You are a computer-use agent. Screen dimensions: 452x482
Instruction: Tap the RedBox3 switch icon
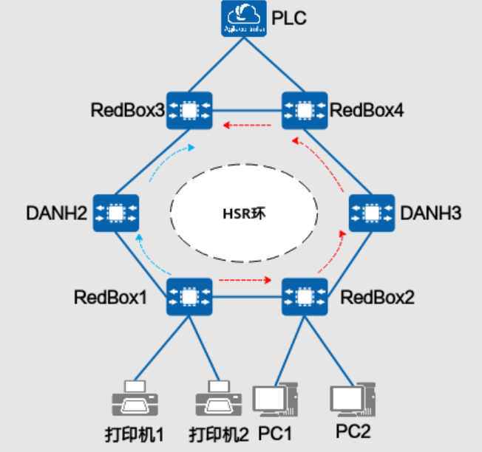pyautogui.click(x=189, y=111)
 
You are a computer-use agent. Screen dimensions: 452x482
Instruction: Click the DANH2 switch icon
pyautogui.click(x=116, y=213)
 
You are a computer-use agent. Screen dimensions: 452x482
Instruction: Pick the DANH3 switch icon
pyautogui.click(x=370, y=213)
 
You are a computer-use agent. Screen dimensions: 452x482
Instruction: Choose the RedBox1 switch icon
pyautogui.click(x=190, y=298)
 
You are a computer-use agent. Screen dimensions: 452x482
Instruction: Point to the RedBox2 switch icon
pyautogui.click(x=303, y=298)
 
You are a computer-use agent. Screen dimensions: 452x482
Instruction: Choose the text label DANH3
pyautogui.click(x=430, y=213)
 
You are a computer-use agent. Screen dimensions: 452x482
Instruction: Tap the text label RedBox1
pyautogui.click(x=110, y=298)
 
